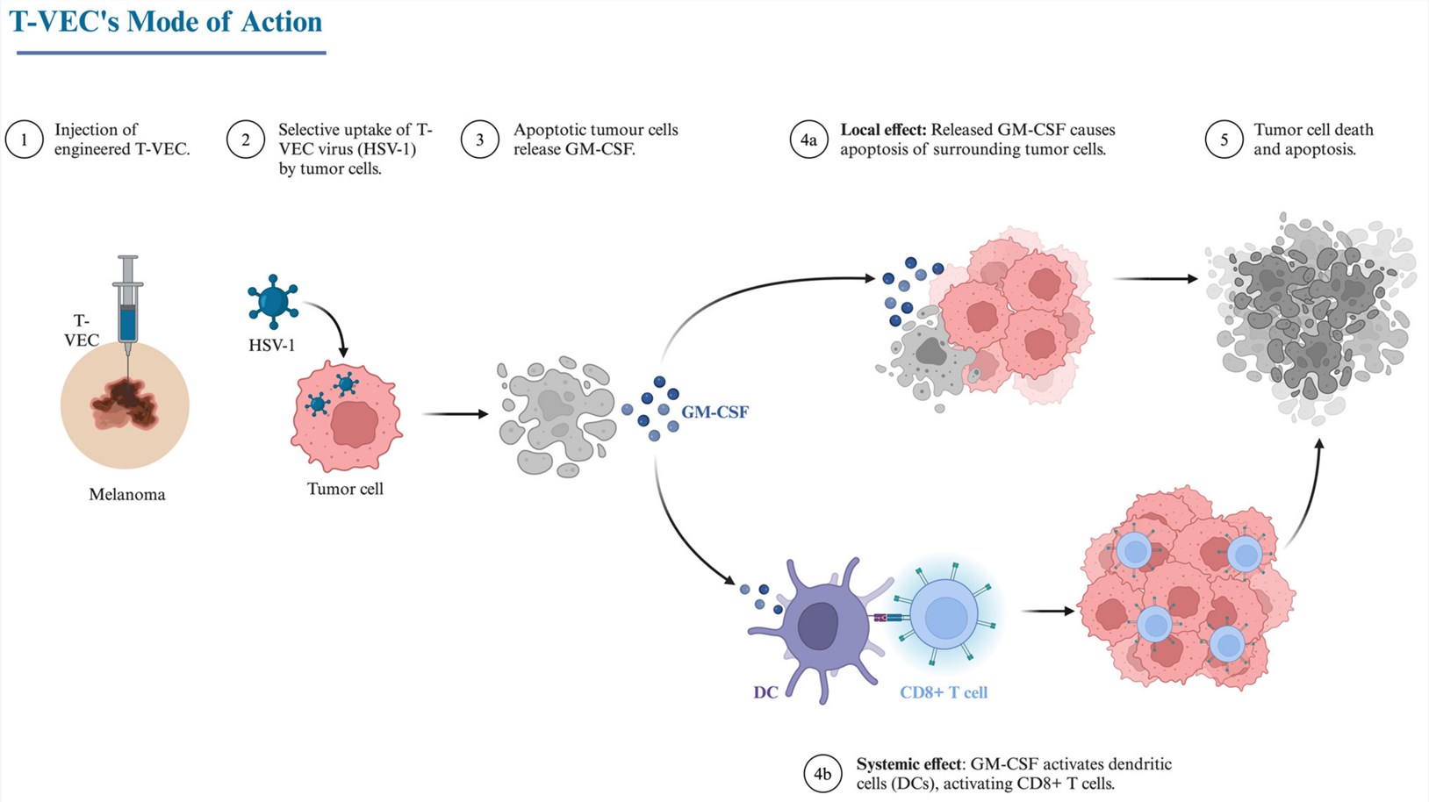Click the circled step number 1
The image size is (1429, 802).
pos(24,140)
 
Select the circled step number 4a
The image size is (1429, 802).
pos(808,140)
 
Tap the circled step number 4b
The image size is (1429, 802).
pos(822,774)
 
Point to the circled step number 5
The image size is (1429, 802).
pos(1224,140)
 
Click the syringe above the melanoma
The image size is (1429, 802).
pos(128,307)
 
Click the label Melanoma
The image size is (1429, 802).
pos(127,495)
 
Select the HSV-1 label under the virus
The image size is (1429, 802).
pos(271,346)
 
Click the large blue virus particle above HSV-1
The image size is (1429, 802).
pos(273,300)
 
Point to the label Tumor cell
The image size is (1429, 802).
pos(345,489)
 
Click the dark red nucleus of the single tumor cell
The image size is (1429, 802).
pos(355,425)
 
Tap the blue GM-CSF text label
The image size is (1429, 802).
pos(714,412)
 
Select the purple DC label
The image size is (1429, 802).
pos(765,692)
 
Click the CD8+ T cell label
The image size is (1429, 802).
pos(944,692)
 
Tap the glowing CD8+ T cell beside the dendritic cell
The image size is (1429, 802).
pos(944,612)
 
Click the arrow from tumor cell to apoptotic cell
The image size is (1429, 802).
pos(455,413)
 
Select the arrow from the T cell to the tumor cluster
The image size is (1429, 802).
pos(1048,611)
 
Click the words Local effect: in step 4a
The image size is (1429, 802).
pos(883,130)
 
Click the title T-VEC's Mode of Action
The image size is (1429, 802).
pos(166,21)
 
